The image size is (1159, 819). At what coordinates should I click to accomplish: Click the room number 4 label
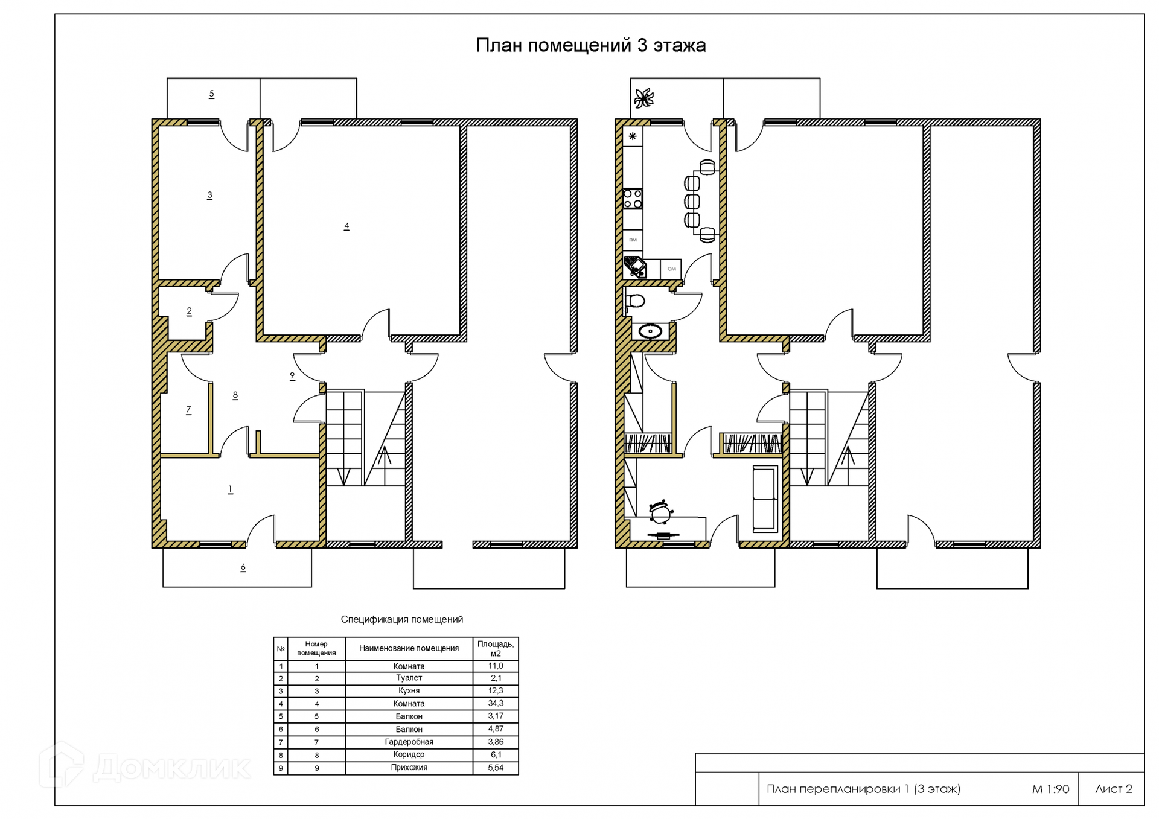346,226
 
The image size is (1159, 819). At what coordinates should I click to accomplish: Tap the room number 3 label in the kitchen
209,195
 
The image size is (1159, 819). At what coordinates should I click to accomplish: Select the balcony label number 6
243,567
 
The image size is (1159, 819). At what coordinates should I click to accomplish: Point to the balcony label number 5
211,94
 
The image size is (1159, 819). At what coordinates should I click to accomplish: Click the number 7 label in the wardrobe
188,410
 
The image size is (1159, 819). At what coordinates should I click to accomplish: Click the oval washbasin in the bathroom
650,331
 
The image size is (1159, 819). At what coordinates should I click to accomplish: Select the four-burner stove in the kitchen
633,199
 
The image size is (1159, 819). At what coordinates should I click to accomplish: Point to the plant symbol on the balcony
644,98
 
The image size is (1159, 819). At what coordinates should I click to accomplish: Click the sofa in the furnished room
765,499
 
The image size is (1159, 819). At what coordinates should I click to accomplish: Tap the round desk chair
661,513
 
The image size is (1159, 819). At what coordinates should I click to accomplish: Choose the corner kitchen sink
635,267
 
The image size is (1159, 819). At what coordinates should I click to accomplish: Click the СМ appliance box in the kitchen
671,269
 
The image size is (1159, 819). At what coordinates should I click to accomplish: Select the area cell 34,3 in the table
496,703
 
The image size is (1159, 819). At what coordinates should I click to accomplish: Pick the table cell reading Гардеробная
409,742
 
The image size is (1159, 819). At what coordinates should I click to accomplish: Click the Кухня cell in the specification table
409,690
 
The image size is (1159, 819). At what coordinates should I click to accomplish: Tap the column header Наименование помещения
409,648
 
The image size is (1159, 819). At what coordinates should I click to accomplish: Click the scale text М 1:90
1050,789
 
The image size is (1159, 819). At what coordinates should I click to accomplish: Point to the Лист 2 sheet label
1114,789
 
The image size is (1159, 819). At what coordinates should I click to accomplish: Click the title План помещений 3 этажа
591,45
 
